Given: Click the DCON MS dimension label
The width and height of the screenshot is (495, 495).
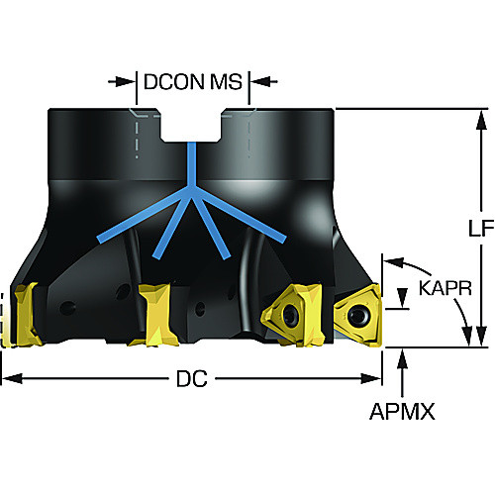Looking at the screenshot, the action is coord(193,82).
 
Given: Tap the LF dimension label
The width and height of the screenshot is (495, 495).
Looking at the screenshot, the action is coord(481,228).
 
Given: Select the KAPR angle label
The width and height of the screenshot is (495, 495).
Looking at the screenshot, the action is coord(445,288).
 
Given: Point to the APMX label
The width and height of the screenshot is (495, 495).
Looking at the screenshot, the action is coord(402,412).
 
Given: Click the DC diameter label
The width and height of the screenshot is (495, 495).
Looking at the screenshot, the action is coord(192,379).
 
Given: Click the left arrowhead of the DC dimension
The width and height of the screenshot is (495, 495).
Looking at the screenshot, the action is coord(12,378).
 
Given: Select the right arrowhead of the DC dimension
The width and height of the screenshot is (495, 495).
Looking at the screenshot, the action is coord(371,378).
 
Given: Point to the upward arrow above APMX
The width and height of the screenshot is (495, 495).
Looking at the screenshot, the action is coord(402,372).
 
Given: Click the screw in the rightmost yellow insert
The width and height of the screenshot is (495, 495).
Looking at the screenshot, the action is coord(357,316).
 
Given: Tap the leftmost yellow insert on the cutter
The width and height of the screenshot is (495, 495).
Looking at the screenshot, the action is coord(27,315).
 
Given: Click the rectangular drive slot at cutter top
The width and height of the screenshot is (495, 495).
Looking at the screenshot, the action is coord(190,126).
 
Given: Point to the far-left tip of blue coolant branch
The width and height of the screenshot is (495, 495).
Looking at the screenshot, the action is coord(99,240).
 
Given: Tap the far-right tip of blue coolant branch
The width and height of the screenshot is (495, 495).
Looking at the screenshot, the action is coord(283,240).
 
